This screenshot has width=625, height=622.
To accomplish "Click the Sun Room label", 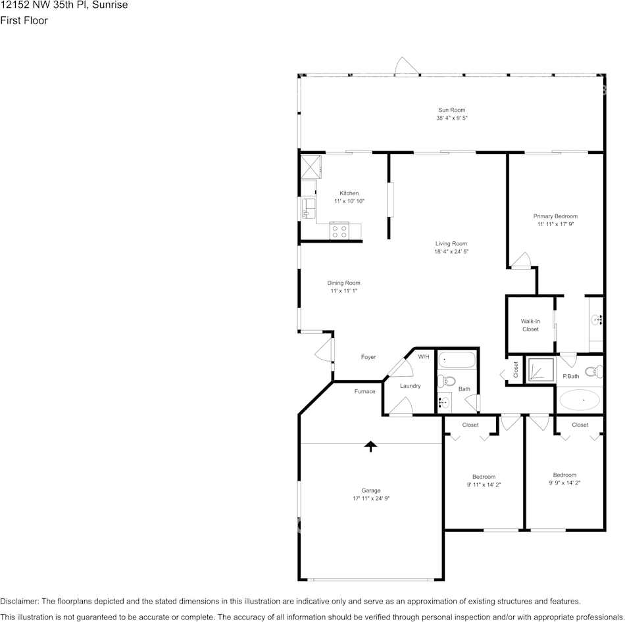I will (451, 110).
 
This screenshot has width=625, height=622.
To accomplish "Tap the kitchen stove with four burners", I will (339, 231).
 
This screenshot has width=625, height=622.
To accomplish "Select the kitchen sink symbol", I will (307, 210).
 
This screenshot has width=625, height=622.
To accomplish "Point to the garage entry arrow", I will (371, 447).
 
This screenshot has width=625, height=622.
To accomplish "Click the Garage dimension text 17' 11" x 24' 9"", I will (371, 499).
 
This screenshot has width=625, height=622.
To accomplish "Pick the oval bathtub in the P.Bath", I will (579, 399).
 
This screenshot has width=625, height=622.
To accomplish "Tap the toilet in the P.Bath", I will (591, 371).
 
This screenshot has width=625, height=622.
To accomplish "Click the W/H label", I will (424, 356).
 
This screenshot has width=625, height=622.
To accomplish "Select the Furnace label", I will (364, 391).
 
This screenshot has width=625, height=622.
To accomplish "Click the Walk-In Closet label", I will (530, 325).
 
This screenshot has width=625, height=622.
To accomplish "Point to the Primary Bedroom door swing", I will (522, 260).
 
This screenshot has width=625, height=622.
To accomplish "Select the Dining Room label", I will (344, 283).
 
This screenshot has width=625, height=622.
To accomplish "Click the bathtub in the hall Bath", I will (457, 360).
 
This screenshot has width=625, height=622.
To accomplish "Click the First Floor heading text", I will (24, 20).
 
